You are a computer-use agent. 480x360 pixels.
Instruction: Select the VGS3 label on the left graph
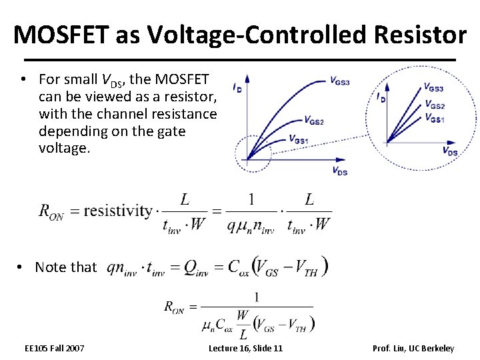tap(339, 81)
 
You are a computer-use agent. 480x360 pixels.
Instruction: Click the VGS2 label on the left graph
tap(314, 121)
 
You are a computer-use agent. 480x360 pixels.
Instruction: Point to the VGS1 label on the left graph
tap(299, 139)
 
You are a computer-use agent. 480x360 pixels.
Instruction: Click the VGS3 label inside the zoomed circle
tap(433, 87)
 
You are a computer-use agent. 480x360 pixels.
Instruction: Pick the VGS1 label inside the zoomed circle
tap(434, 119)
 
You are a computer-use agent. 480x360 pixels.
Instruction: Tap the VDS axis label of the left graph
tap(339, 171)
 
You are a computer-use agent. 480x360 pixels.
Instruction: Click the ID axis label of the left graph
tap(237, 87)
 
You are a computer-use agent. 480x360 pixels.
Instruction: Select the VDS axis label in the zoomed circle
tap(449, 151)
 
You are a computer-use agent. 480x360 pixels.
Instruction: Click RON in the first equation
tap(51, 212)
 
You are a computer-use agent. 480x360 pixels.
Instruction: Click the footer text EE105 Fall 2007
tap(54, 348)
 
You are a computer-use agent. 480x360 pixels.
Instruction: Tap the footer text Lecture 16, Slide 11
tap(245, 348)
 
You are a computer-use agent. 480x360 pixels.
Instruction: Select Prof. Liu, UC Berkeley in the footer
tap(413, 348)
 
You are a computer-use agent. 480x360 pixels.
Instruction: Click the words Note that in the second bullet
tap(65, 267)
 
